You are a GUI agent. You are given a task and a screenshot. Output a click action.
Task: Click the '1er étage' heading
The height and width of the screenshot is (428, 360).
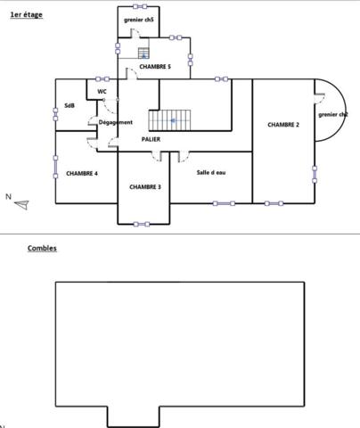(x=26, y=15)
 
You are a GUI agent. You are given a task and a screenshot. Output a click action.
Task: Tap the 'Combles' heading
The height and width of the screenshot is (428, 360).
(x=42, y=248)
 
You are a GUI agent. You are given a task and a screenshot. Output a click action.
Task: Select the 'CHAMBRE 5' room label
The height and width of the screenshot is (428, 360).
(x=155, y=66)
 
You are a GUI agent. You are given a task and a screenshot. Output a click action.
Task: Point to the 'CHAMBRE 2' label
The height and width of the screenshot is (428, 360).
(x=283, y=125)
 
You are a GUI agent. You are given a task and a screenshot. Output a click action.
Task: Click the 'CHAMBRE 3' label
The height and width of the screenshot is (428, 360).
(x=145, y=186)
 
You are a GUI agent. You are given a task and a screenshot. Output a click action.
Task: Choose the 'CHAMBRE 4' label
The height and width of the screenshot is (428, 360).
(x=82, y=173)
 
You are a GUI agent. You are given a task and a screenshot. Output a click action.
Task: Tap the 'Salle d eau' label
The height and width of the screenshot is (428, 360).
(x=212, y=171)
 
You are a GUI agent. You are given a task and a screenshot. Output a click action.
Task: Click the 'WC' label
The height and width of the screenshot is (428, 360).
(x=102, y=91)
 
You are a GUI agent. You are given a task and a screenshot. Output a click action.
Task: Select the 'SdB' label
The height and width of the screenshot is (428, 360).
(x=70, y=106)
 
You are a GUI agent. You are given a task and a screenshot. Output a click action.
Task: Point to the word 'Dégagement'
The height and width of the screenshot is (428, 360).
(x=116, y=122)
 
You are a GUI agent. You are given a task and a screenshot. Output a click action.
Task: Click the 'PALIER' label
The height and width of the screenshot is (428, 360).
(x=151, y=139)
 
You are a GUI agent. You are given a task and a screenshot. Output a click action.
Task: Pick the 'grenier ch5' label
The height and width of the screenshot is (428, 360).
(x=139, y=20)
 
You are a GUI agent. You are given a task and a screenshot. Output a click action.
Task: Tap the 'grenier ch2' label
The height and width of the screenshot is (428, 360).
(x=333, y=114)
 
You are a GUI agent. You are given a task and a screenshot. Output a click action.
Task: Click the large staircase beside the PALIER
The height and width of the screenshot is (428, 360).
(x=169, y=119)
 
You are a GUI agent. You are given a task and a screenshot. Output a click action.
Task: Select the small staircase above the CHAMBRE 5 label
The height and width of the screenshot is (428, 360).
(x=143, y=53)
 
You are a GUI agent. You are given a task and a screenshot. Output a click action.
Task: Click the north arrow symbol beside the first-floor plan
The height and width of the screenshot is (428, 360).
(x=21, y=204)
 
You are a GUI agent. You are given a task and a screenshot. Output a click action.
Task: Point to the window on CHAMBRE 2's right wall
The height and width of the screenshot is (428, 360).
(x=315, y=173)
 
